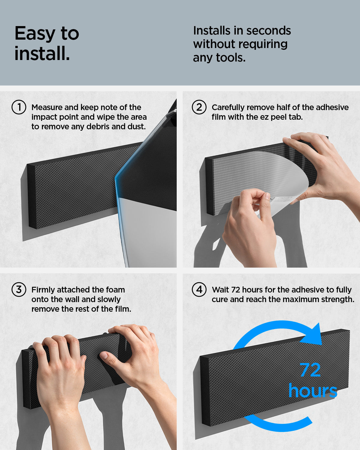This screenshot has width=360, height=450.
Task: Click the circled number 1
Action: point(19,107)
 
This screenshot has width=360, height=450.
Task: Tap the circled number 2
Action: point(199,107)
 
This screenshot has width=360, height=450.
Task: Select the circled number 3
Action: point(19,290)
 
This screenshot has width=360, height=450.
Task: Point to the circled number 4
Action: point(199,290)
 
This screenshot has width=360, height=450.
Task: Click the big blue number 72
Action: point(310,370)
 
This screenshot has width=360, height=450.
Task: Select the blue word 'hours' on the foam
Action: point(313,391)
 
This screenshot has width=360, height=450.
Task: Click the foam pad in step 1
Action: point(75,186)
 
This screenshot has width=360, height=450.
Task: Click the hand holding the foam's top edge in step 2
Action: point(318,162)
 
